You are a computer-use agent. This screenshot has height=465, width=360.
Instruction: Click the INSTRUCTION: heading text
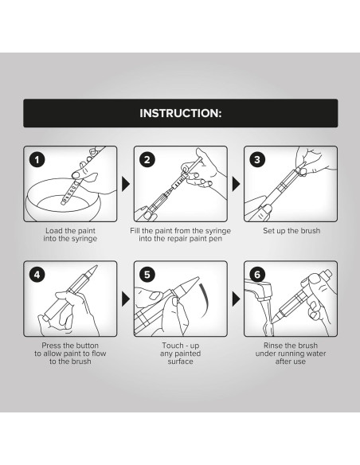click(180, 113)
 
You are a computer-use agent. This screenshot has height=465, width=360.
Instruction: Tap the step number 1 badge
click(37, 160)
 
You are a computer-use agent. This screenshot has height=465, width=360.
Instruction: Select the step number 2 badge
click(147, 160)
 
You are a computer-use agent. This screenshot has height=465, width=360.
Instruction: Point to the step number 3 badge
click(257, 160)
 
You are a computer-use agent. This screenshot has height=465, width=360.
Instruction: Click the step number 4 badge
click(37, 275)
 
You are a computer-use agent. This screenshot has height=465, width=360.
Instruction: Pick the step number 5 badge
click(147, 275)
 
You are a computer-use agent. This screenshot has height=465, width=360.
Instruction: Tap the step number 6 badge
click(257, 275)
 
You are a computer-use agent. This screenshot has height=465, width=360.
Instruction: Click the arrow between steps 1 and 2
click(126, 184)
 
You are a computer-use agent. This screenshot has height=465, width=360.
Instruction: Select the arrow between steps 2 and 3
click(236, 184)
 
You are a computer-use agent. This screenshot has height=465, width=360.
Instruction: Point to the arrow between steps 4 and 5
click(126, 299)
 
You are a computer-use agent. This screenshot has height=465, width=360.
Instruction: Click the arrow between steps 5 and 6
click(236, 299)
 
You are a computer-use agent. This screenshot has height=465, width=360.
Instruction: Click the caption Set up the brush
click(292, 231)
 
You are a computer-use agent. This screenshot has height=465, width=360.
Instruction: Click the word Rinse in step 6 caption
click(272, 346)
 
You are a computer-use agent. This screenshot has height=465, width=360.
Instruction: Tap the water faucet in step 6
click(259, 289)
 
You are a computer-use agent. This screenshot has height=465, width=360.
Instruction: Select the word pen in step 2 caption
click(215, 239)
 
